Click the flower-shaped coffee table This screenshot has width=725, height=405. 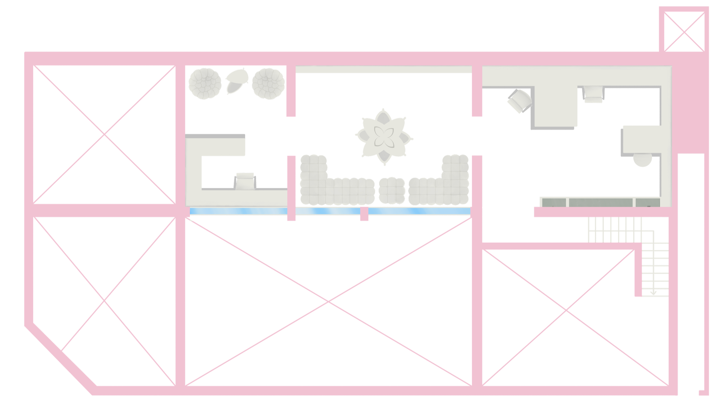pos(384,137)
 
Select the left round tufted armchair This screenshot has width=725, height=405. pos(203,84)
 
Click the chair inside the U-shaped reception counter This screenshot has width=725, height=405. pos(245,181)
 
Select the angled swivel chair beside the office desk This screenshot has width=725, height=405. pos(520,101)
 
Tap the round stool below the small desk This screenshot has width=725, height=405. pos(643,160)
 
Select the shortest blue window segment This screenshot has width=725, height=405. pos(328,211)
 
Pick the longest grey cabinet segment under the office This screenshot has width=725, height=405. pos(601,202)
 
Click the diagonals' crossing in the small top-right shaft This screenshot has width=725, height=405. pos(684,32)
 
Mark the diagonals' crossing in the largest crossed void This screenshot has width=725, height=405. pos(329,302)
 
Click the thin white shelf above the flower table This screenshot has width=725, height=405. pos(383,70)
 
